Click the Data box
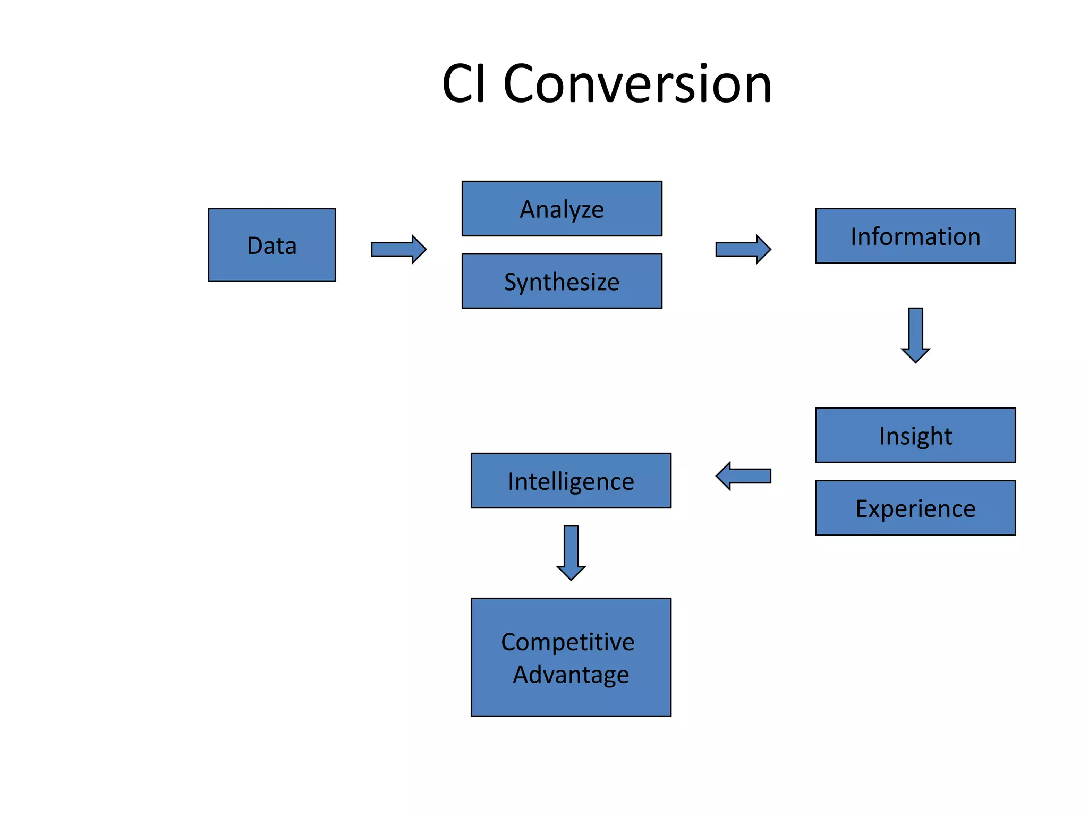[x=271, y=245]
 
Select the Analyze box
[x=562, y=208]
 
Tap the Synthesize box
[x=562, y=281]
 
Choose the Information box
[x=915, y=236]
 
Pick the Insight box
[x=915, y=435]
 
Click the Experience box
[x=915, y=508]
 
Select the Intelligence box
[x=571, y=481]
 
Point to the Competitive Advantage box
[x=571, y=657]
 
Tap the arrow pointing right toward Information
[x=743, y=249]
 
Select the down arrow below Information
[x=915, y=335]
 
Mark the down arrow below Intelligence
[x=571, y=552]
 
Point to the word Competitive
[x=567, y=642]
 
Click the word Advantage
[x=571, y=675]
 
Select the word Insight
[x=915, y=436]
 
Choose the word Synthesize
[x=562, y=282]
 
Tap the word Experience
[x=915, y=509]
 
